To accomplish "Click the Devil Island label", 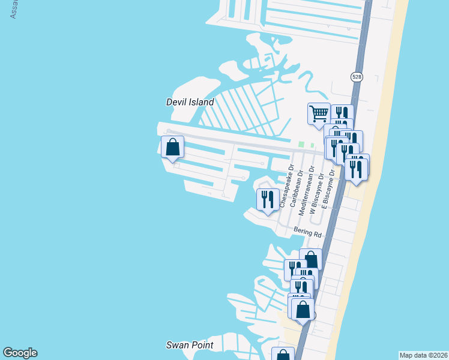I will click(x=190, y=102).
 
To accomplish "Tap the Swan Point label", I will click(x=190, y=345).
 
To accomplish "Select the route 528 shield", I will click(x=357, y=77).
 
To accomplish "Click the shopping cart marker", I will click(x=319, y=113).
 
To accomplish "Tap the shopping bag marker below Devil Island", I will click(x=172, y=147).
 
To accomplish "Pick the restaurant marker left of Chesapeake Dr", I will click(x=268, y=200).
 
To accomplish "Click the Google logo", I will click(x=20, y=353).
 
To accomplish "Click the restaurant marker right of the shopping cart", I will click(x=342, y=114).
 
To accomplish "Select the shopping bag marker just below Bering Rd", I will click(x=310, y=260).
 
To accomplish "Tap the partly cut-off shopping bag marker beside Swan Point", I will click(x=283, y=354).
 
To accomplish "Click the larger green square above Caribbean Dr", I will click(x=302, y=145).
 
